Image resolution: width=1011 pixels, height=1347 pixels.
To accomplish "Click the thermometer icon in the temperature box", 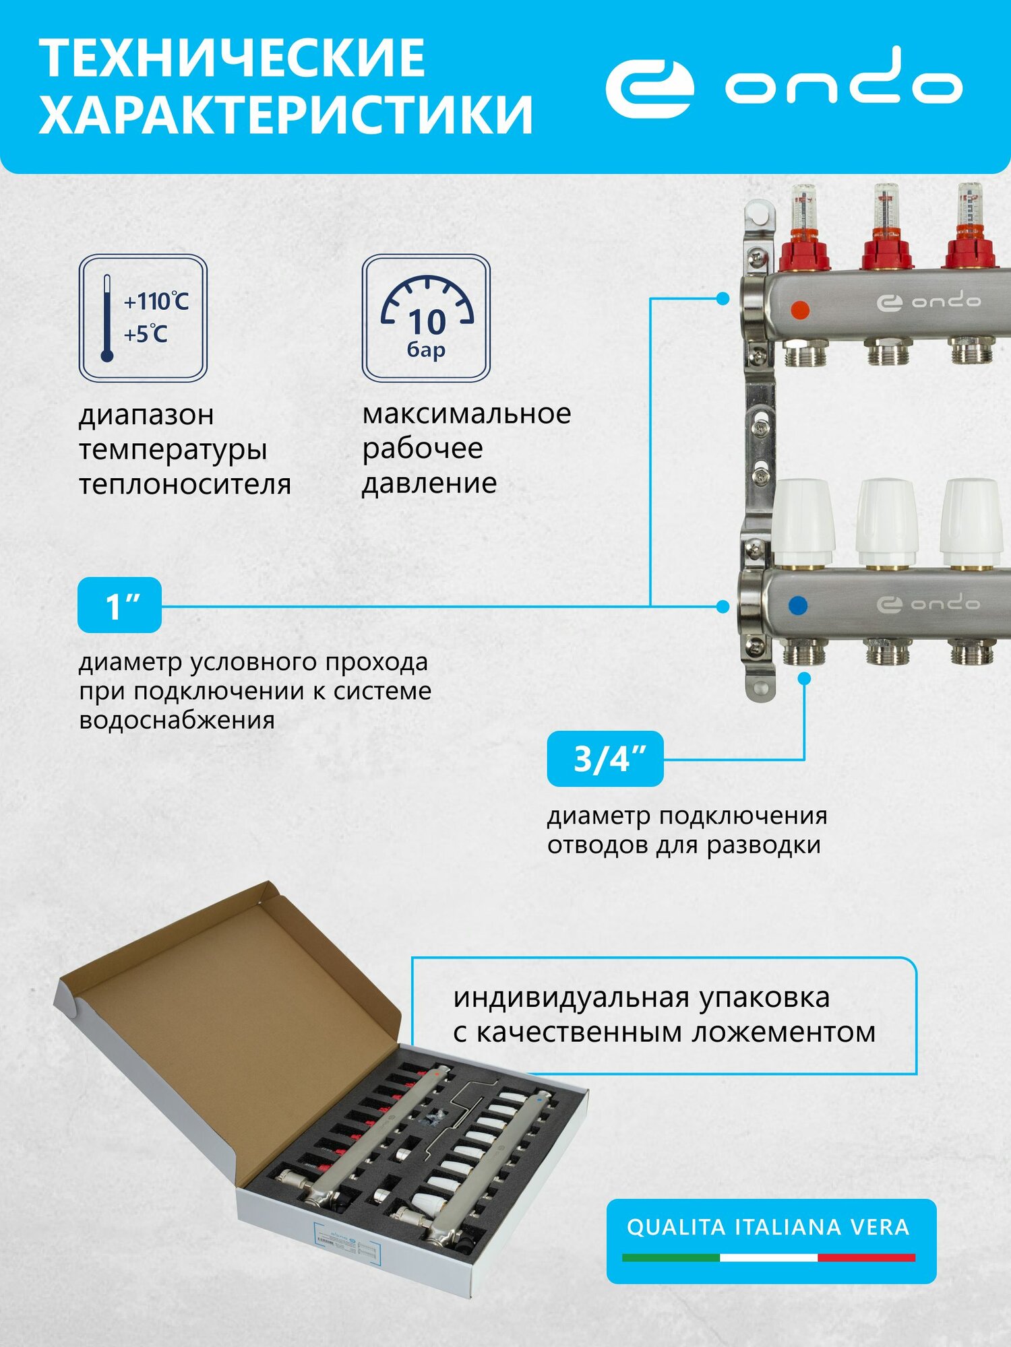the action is click(106, 318).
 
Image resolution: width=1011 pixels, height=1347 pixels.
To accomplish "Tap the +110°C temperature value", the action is click(156, 301).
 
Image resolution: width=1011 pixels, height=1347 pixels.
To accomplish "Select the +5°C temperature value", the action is click(146, 333).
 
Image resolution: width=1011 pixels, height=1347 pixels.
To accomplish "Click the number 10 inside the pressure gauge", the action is click(427, 322).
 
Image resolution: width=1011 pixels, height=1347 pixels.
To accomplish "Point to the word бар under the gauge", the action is click(426, 350).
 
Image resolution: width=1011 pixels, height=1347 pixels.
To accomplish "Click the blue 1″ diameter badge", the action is click(120, 605).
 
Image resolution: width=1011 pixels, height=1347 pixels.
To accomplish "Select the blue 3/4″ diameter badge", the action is click(605, 758).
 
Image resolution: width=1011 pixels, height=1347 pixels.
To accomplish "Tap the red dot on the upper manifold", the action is click(799, 310).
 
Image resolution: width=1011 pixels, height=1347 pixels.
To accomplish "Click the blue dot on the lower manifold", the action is click(797, 605).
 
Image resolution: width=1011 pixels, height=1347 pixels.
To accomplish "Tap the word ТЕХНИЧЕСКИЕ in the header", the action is click(233, 59).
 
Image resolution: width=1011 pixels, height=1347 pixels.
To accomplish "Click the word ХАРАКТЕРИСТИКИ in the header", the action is click(286, 115).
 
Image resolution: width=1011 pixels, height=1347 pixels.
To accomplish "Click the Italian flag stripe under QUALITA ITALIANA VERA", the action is click(768, 1257).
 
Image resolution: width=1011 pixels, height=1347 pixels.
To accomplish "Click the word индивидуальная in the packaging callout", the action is click(572, 997).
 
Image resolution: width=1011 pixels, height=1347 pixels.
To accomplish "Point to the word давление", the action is click(429, 484).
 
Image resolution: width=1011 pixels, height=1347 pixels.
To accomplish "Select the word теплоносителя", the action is click(185, 484).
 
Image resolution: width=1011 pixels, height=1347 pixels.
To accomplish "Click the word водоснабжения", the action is click(177, 720).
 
